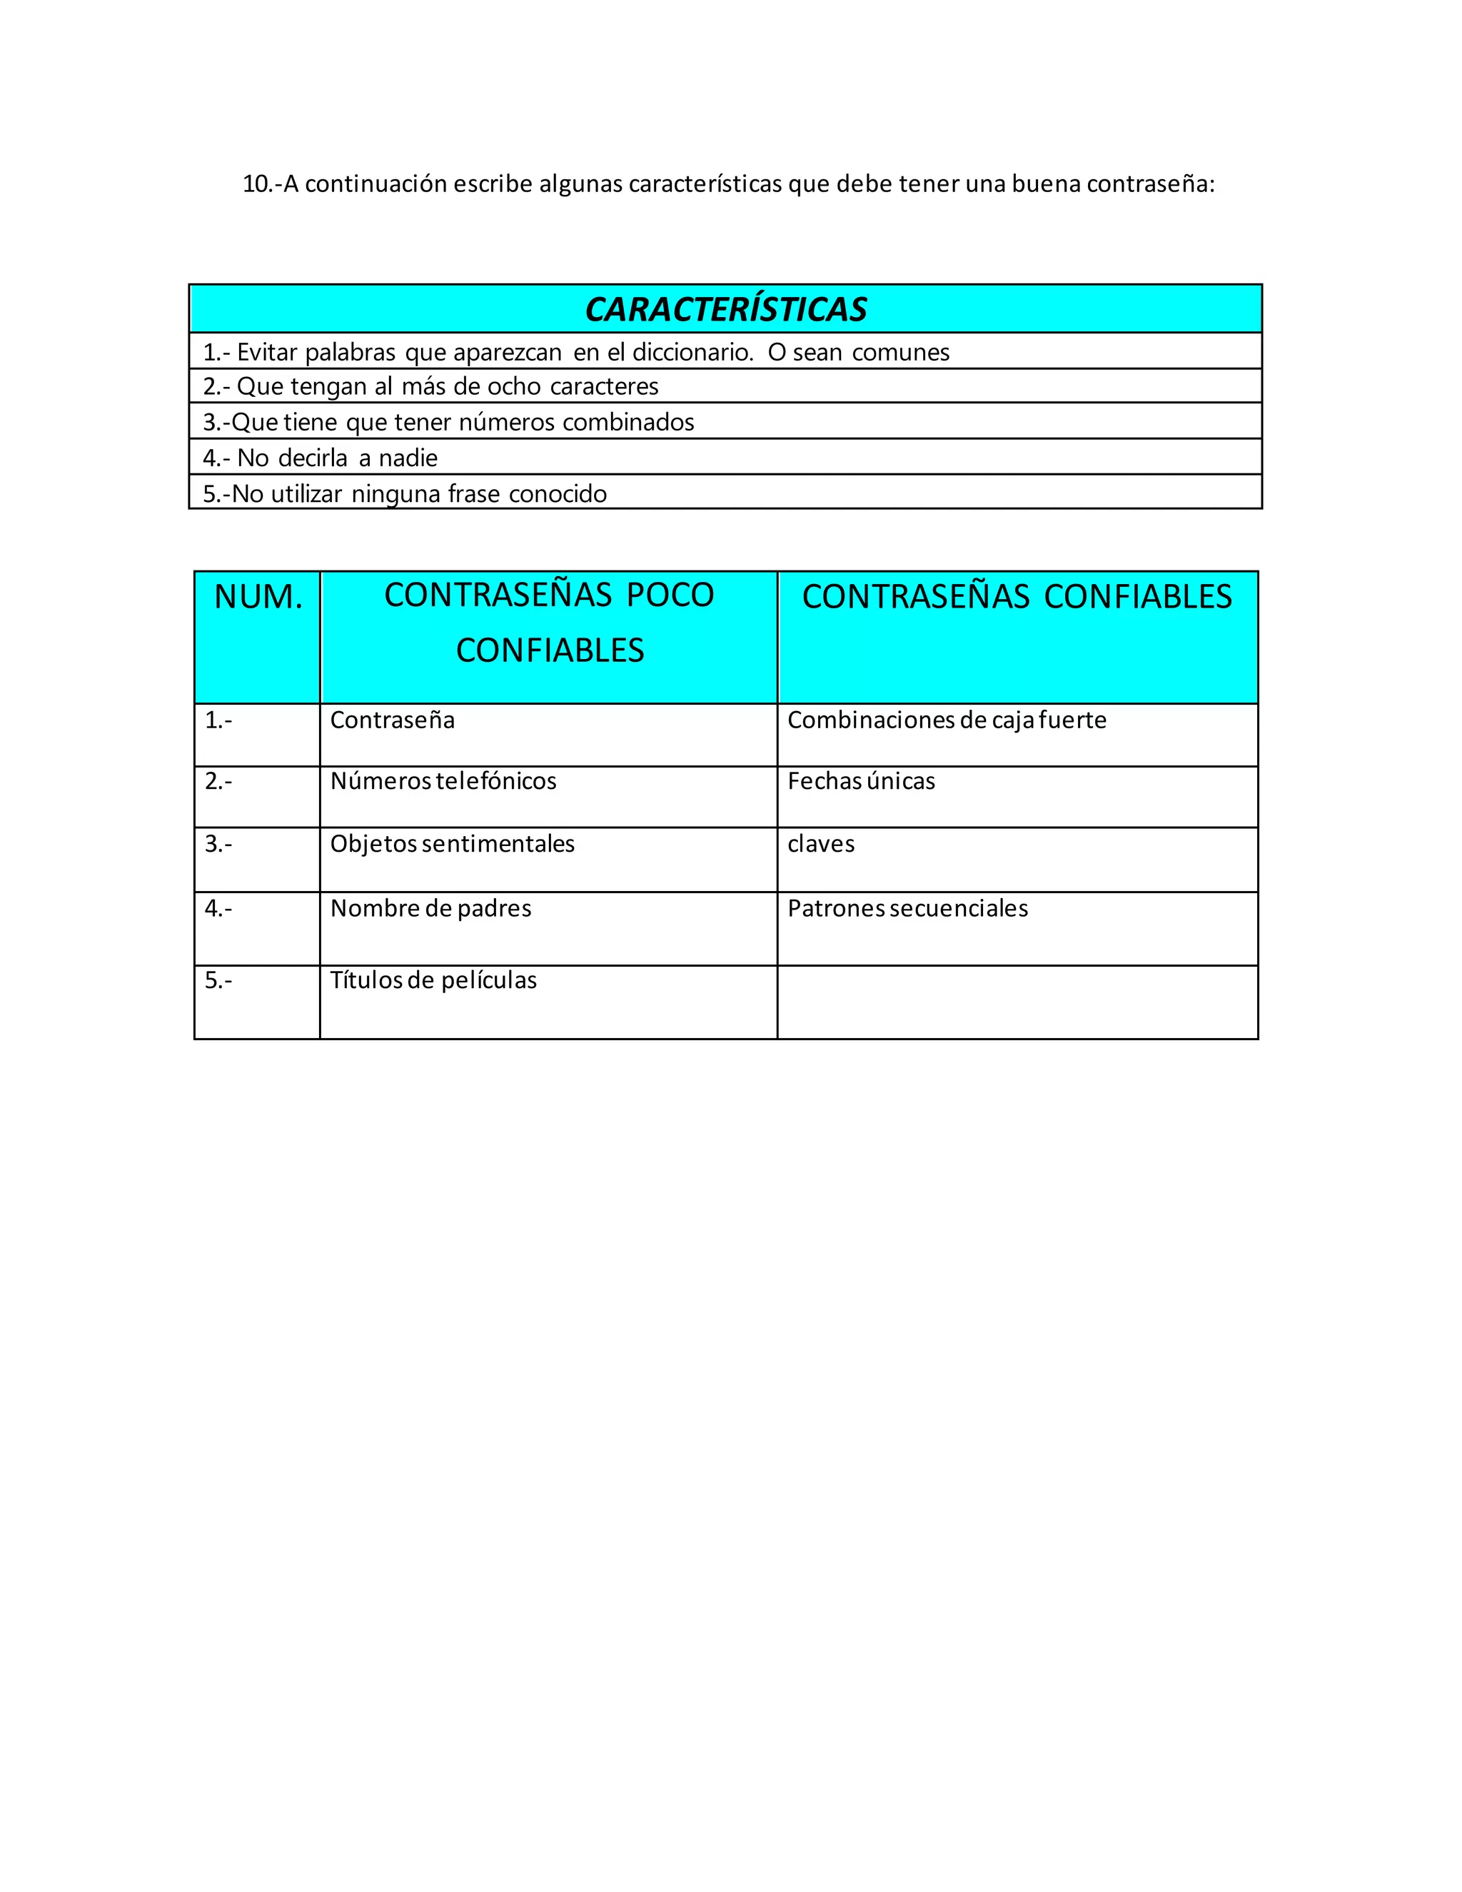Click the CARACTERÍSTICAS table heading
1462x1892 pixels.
pos(726,309)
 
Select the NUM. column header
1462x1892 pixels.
pos(258,597)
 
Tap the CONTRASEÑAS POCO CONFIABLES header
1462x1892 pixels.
pos(549,622)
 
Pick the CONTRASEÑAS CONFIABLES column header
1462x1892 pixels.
pos(1017,597)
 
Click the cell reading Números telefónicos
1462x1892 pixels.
pos(443,781)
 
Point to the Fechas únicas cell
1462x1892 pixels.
pos(861,781)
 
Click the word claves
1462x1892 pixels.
pos(820,844)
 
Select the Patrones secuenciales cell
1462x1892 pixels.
pos(908,908)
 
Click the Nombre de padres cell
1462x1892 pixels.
pos(430,908)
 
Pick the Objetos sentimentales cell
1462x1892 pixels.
pos(452,844)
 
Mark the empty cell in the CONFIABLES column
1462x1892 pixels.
pos(1017,1002)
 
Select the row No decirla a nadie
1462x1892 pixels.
pos(321,458)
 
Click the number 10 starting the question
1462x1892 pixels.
pos(256,184)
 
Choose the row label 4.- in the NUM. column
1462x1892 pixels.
pos(218,908)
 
